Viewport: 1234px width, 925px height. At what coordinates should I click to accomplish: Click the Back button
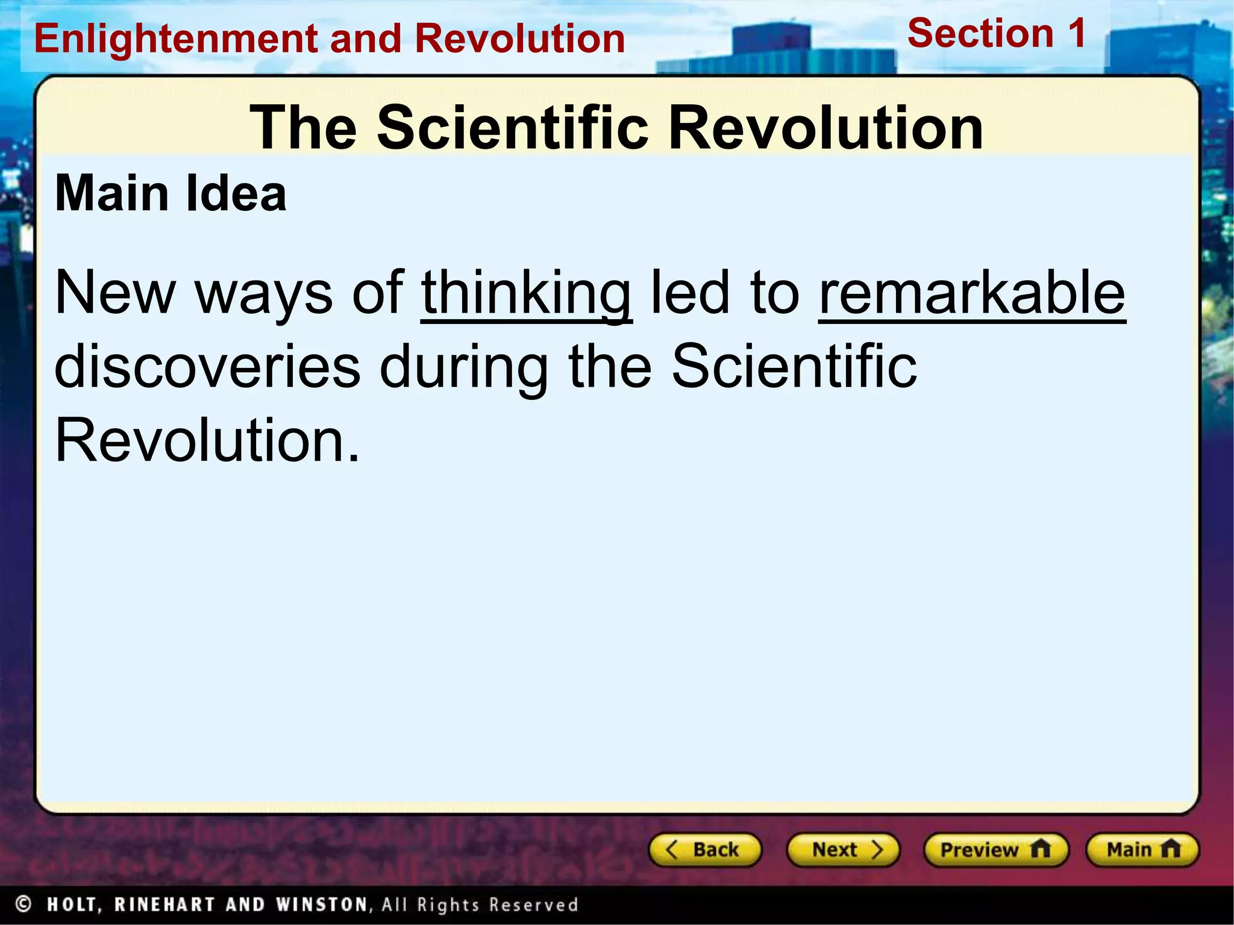coord(704,850)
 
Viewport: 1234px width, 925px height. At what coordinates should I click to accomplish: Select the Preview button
coord(995,850)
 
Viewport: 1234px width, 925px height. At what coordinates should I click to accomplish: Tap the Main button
coord(1142,850)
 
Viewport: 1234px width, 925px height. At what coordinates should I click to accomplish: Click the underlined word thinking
coord(526,293)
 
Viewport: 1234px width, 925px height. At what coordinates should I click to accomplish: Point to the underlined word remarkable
coord(972,293)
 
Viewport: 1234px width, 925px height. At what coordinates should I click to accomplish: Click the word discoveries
coord(207,366)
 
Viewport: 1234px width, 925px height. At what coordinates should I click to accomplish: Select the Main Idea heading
coord(171,194)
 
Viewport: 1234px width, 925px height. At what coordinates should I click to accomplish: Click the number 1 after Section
coord(1077,33)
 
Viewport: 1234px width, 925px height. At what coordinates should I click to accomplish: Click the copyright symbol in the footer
coord(23,904)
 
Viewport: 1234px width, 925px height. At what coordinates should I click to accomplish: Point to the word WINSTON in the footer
coord(321,905)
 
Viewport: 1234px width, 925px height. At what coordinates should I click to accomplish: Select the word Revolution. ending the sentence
coord(207,441)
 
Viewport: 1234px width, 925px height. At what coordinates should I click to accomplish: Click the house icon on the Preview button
coord(1040,849)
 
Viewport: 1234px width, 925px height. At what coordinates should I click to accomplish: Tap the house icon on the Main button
coord(1171,849)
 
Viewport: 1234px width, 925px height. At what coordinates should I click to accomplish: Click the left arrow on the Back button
coord(671,850)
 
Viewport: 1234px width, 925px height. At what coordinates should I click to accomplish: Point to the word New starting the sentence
coord(115,293)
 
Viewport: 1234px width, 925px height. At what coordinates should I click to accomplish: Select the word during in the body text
coord(464,366)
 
